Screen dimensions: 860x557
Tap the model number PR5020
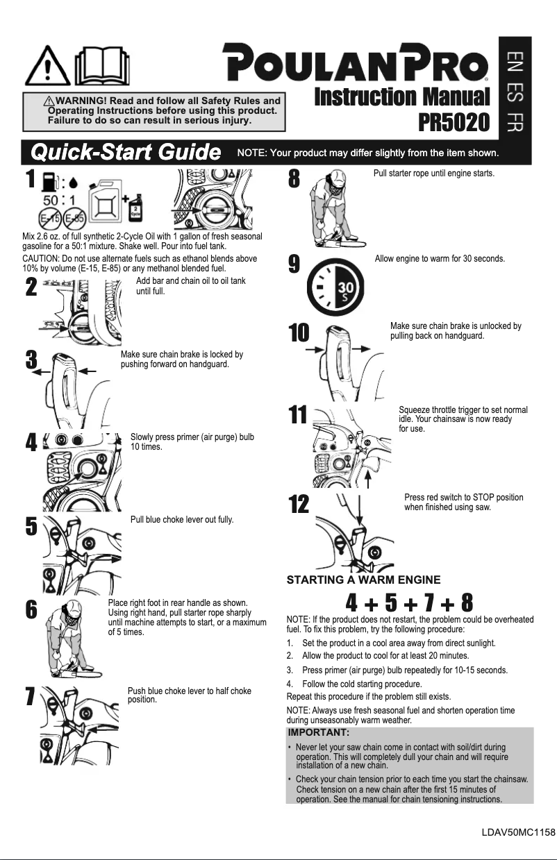pos(454,122)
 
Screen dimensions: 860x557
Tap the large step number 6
pos(31,610)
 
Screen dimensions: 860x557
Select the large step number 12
pos(299,505)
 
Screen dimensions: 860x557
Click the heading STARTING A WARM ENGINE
pos(364,580)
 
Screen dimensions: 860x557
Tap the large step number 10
pos(299,333)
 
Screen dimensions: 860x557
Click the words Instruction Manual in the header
pos(402,96)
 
